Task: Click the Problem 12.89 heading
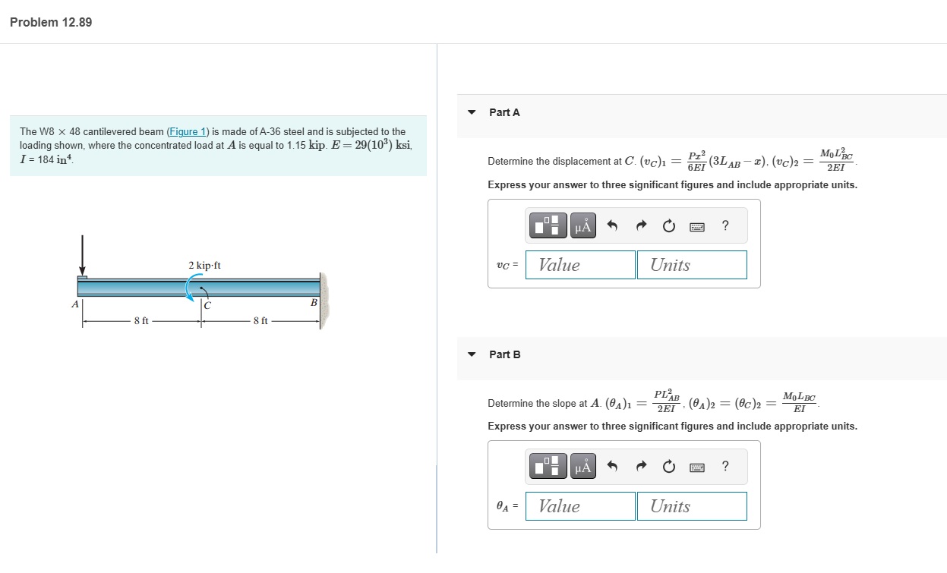click(51, 22)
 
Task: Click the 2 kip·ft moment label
click(204, 266)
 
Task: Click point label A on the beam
click(74, 304)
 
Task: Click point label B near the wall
click(313, 303)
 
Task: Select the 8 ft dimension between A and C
click(141, 321)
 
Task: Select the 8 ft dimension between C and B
click(260, 321)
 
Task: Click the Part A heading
click(504, 112)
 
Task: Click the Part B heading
click(504, 354)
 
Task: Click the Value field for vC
click(580, 265)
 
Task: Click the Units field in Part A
click(691, 265)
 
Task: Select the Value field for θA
click(580, 506)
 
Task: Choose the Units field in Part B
click(691, 506)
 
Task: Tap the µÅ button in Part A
click(582, 225)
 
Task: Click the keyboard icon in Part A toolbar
click(696, 226)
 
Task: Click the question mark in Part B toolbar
click(725, 467)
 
